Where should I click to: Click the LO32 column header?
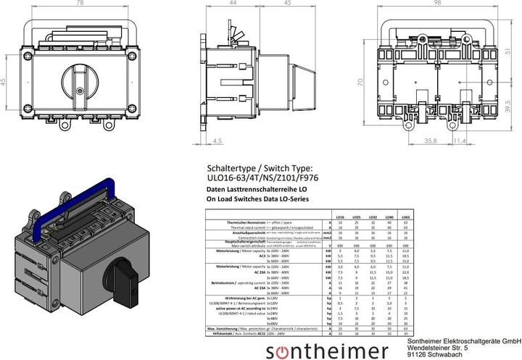[x=372, y=217]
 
